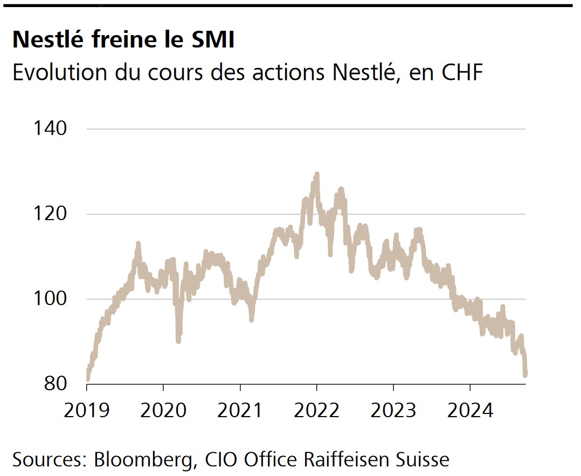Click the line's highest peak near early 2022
point(317,174)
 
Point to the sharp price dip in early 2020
point(178,339)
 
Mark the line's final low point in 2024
point(525,374)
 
